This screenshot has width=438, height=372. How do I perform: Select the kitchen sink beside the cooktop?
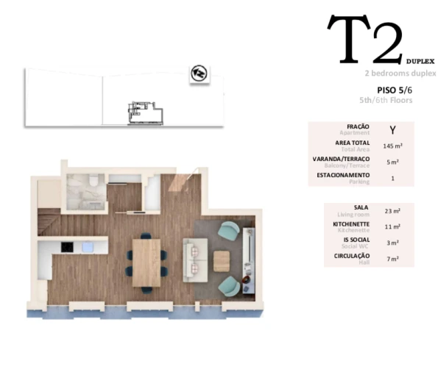click(x=87, y=247)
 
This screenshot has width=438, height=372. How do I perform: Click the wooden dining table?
click(x=146, y=262)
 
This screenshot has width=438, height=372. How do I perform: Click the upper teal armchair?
click(x=230, y=232)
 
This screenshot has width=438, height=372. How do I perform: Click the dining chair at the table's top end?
click(x=146, y=237)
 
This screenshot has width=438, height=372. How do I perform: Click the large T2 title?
click(x=364, y=40)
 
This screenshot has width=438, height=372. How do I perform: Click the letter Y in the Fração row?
click(x=392, y=129)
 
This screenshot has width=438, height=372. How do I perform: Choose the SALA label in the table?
click(x=361, y=207)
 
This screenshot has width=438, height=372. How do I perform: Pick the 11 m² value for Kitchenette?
click(x=392, y=226)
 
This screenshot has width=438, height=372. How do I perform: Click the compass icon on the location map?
click(x=198, y=74)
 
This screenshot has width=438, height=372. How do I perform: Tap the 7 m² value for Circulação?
click(x=392, y=259)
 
